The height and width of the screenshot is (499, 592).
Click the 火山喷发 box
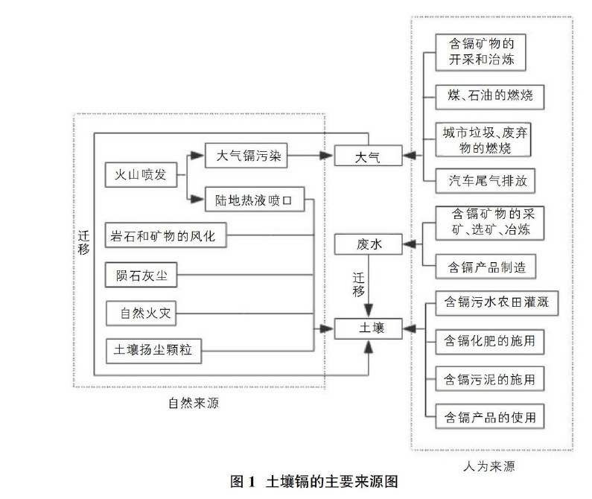pyautogui.click(x=141, y=177)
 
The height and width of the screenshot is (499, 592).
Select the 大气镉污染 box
pyautogui.click(x=246, y=156)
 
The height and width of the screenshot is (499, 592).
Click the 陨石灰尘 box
pyautogui.click(x=141, y=275)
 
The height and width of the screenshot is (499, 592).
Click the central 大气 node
pyautogui.click(x=368, y=156)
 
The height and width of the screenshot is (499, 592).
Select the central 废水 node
pyautogui.click(x=368, y=244)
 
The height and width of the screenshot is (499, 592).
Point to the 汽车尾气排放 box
pyautogui.click(x=484, y=180)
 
